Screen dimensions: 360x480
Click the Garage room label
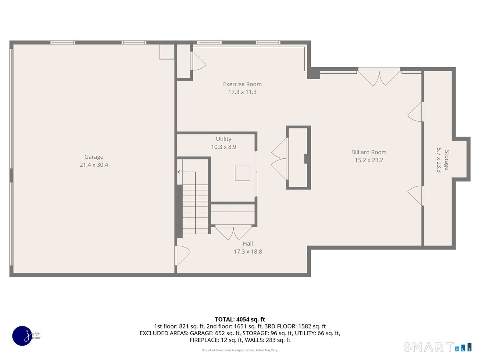pyautogui.click(x=94, y=157)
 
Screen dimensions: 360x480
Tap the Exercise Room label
pyautogui.click(x=242, y=84)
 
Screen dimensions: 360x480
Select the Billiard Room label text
pyautogui.click(x=369, y=152)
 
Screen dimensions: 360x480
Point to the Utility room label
pyautogui.click(x=224, y=139)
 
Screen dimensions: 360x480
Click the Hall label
pyautogui.click(x=248, y=244)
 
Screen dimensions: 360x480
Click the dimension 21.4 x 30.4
pyautogui.click(x=94, y=164)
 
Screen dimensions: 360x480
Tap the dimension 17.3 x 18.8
pyautogui.click(x=248, y=252)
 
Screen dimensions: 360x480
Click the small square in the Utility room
pyautogui.click(x=242, y=173)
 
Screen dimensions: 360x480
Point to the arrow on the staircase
pyautogui.click(x=179, y=172)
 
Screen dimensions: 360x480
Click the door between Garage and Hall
pyautogui.click(x=182, y=255)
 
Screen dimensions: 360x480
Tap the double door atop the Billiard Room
pyautogui.click(x=379, y=78)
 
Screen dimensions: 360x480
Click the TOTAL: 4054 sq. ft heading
pyautogui.click(x=240, y=319)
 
